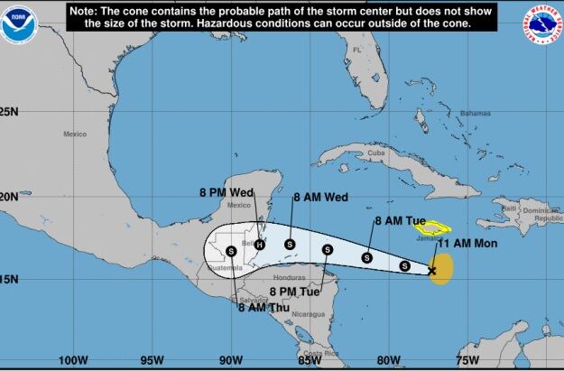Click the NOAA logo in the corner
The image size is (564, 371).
click(x=15, y=27)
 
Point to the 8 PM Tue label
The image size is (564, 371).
click(x=294, y=292)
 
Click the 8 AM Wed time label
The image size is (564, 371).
click(x=319, y=196)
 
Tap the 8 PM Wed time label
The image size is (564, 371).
click(x=226, y=191)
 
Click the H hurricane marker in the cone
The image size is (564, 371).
click(x=260, y=244)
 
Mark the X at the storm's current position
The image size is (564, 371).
click(x=431, y=270)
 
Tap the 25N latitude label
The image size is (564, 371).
click(x=9, y=112)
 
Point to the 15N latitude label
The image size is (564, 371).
click(x=9, y=279)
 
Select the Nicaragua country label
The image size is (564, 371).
click(x=308, y=314)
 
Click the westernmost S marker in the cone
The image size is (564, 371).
click(x=231, y=251)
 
